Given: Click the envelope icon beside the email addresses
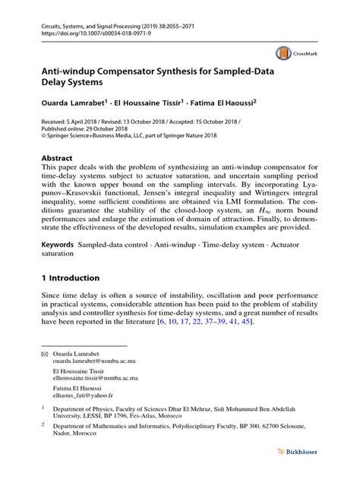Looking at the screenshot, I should [45, 355].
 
